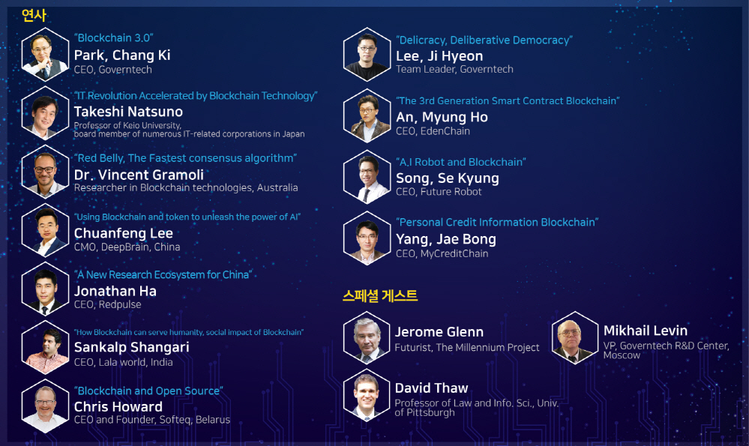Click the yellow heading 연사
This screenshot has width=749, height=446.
click(34, 15)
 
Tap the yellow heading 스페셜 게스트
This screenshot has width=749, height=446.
click(380, 295)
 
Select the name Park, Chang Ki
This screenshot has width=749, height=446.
click(122, 55)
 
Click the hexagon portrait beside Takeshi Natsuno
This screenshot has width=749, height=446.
click(46, 113)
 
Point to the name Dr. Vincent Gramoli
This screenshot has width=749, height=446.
click(139, 175)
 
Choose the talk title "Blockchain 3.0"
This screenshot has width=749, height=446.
click(114, 37)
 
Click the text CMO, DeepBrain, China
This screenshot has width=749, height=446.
click(127, 247)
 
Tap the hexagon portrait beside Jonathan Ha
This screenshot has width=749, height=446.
click(46, 289)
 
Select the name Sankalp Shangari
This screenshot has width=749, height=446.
click(132, 348)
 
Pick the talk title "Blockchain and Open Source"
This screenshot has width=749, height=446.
click(148, 391)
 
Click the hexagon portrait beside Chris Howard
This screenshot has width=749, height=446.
click(46, 406)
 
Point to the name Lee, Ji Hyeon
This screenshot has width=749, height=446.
click(439, 56)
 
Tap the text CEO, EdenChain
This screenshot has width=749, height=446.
click(433, 131)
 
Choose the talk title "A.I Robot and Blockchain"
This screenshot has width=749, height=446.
click(461, 162)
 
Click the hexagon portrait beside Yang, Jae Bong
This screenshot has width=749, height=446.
click(367, 238)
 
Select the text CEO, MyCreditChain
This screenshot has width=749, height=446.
click(442, 253)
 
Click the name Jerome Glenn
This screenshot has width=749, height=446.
click(439, 332)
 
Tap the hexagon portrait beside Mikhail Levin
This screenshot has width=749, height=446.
click(575, 337)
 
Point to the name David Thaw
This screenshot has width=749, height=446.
click(431, 388)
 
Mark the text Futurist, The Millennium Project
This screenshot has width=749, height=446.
click(466, 348)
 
